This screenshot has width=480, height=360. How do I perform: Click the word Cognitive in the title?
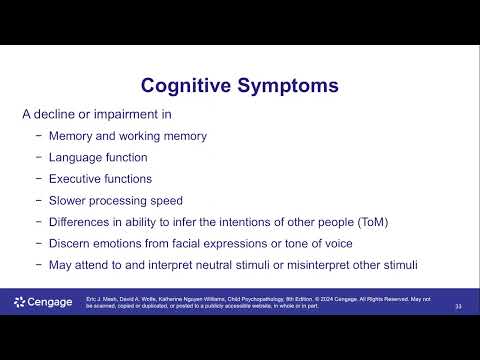185,86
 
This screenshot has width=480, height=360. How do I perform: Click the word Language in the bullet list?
76,157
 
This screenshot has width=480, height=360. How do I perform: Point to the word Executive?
78,178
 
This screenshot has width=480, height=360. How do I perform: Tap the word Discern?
72,243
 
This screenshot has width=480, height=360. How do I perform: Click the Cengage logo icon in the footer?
21,302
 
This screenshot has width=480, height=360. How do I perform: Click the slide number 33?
458,305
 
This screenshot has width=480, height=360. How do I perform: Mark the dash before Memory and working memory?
38,135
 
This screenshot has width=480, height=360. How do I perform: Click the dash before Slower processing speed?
38,200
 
